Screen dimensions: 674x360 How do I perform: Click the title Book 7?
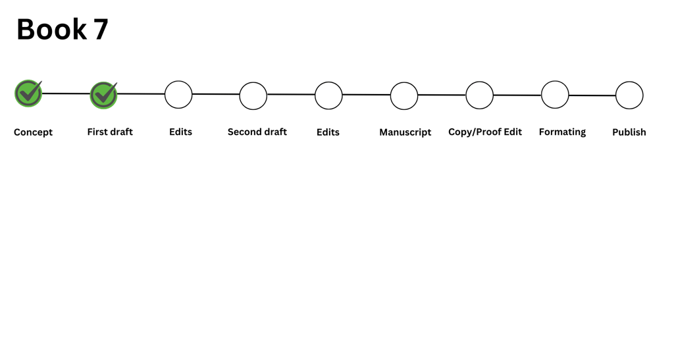pos(62,30)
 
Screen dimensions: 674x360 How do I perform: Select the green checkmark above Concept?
pos(28,93)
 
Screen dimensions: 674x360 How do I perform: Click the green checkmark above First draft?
pos(103,95)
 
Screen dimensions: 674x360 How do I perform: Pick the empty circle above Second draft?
pos(253,95)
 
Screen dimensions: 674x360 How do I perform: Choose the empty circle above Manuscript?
pos(404,95)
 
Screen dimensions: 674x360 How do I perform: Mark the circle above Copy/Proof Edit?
pos(479,95)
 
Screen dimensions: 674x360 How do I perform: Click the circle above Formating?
pos(555,95)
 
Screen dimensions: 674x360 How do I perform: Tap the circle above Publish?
pos(629,95)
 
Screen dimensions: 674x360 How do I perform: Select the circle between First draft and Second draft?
pos(178,94)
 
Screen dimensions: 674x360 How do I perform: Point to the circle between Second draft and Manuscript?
pos(328,95)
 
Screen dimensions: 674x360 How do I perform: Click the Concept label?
pos(33,132)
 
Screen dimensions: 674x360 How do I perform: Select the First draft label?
pos(110,132)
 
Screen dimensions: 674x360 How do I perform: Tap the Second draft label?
pos(257,132)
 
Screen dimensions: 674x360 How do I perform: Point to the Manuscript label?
pos(405,132)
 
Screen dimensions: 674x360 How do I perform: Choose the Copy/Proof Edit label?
pos(485,132)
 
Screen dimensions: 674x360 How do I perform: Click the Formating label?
pos(562,132)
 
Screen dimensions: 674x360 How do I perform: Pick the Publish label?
pos(629,132)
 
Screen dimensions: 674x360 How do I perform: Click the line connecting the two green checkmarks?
pos(66,93)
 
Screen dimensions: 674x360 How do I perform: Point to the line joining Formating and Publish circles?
pos(592,95)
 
